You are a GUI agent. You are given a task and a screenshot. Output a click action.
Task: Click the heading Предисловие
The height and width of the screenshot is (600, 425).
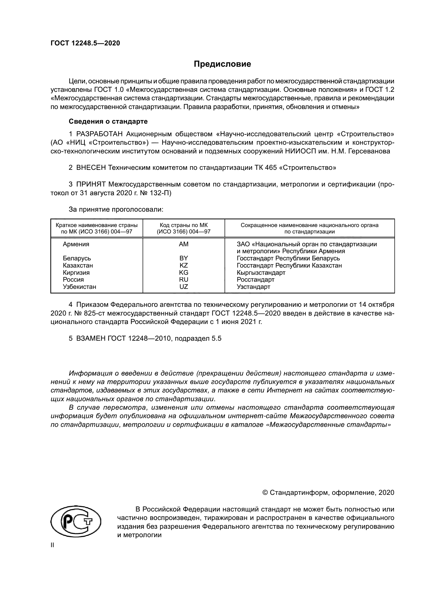222,64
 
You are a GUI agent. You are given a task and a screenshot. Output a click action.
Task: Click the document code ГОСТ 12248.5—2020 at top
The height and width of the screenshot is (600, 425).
85,43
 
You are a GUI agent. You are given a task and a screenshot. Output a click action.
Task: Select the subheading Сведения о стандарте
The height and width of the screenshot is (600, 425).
108,122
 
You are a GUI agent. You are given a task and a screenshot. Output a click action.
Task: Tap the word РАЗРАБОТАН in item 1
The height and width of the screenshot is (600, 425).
99,134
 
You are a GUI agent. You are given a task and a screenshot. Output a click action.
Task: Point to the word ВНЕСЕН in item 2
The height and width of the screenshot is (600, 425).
91,168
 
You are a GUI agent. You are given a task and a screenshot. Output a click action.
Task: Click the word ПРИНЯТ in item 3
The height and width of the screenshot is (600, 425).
91,184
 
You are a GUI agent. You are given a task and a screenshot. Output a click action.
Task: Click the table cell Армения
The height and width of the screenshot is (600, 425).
76,244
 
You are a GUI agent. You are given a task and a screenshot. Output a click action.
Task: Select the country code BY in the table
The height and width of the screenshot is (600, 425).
183,258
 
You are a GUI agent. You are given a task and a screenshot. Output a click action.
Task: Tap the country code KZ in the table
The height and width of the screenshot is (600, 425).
183,265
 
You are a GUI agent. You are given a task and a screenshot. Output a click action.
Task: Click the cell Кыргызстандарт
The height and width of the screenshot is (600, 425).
261,273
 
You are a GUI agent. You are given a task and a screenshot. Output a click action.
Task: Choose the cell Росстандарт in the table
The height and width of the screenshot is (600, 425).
255,280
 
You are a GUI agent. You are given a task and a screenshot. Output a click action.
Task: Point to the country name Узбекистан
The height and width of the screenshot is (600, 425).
79,287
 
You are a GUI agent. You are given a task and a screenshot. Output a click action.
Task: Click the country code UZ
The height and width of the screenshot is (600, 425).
183,287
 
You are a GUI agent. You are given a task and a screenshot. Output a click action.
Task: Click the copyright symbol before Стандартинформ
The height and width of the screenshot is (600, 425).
265,493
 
